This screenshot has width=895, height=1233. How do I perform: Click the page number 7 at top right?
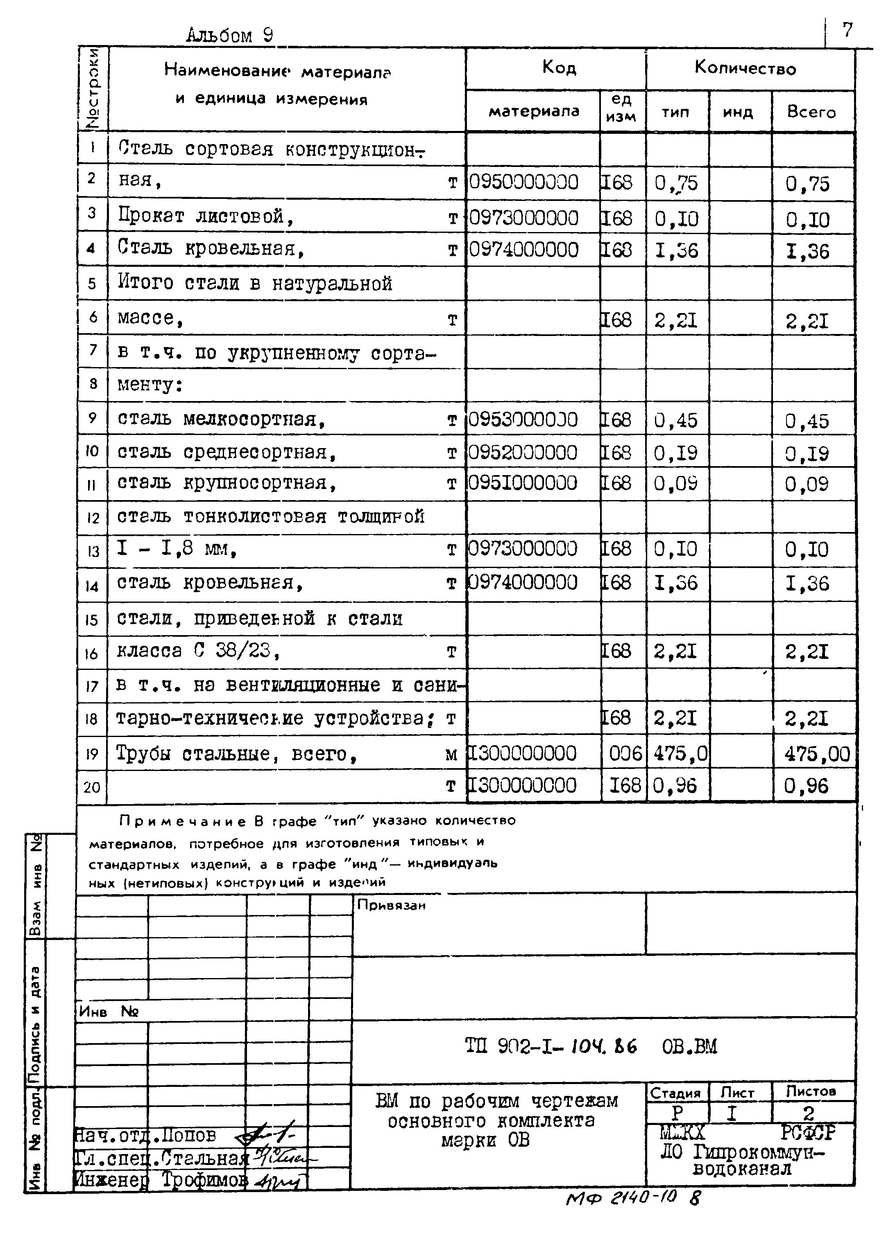(847, 30)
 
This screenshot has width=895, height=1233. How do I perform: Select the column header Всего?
(811, 112)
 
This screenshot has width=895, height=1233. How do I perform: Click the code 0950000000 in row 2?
(523, 182)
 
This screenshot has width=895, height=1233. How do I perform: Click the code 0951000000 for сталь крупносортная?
(522, 483)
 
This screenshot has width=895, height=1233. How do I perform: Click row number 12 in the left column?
(93, 518)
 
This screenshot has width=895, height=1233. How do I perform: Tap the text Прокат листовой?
(206, 217)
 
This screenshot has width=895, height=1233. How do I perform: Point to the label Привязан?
(391, 906)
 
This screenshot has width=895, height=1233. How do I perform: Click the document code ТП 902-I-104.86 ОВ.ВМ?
(591, 1046)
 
